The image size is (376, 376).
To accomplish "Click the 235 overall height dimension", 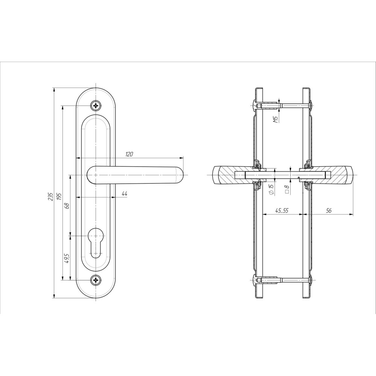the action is (x=50, y=196).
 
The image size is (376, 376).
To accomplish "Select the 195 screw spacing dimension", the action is (x=59, y=196).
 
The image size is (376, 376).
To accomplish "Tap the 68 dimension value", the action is (x=67, y=206).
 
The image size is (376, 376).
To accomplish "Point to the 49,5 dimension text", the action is (x=67, y=259).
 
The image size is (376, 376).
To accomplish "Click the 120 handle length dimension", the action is (x=129, y=154).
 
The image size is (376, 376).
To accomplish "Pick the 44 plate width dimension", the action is (x=124, y=194).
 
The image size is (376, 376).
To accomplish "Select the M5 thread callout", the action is (x=276, y=119).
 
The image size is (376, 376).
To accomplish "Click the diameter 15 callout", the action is (x=271, y=190).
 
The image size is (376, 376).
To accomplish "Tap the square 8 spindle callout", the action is (x=287, y=190).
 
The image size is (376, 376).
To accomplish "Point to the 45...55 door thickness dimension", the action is (x=282, y=211).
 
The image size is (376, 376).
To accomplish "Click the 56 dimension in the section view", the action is (x=329, y=211).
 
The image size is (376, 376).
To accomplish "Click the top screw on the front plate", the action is (x=96, y=105).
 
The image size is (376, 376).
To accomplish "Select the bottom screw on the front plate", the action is (x=96, y=280).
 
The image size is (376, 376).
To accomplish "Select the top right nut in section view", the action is (x=311, y=105).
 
